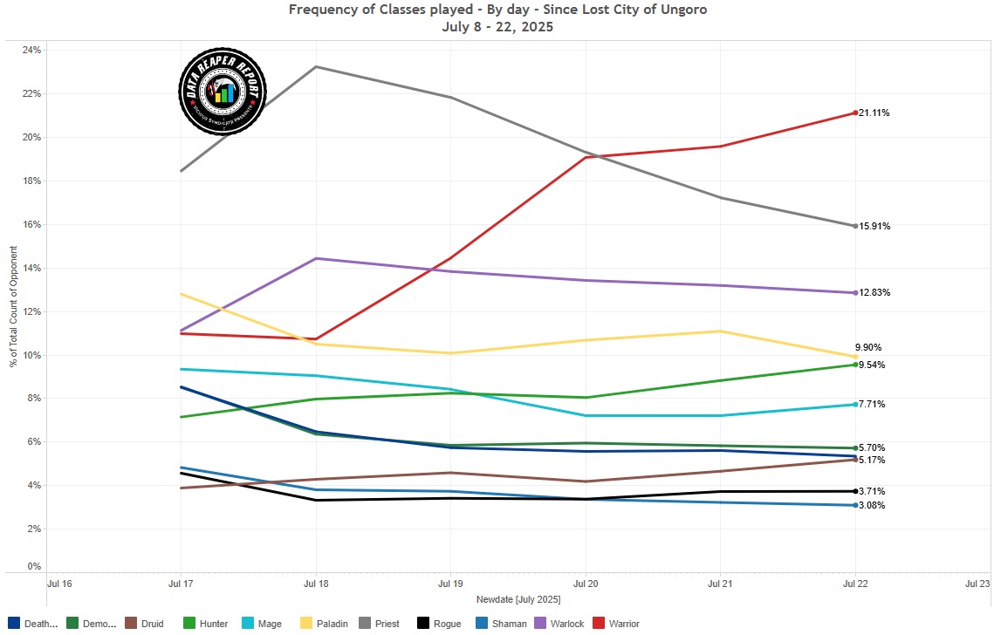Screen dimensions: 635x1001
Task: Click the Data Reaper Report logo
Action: pyautogui.click(x=223, y=92)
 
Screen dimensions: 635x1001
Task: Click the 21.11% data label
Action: pyautogui.click(x=874, y=113)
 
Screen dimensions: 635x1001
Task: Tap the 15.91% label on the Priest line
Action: pyautogui.click(x=874, y=227)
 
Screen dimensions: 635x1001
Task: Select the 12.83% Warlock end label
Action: pyautogui.click(x=874, y=293)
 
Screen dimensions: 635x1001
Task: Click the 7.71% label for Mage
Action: pyautogui.click(x=874, y=405)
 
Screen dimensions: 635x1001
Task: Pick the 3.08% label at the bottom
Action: pyautogui.click(x=874, y=506)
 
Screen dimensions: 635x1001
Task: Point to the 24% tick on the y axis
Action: pyautogui.click(x=31, y=51)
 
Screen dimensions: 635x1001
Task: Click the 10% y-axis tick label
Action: pyautogui.click(x=31, y=355)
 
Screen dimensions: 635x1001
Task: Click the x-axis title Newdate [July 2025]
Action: pyautogui.click(x=518, y=600)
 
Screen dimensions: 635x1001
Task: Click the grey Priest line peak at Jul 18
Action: pyautogui.click(x=316, y=66)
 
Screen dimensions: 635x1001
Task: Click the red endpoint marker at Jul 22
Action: pyautogui.click(x=855, y=113)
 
